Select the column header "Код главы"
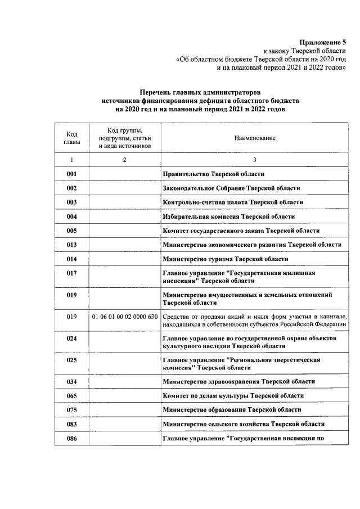click(x=71, y=138)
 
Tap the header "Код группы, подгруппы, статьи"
click(x=124, y=138)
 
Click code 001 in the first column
click(x=71, y=174)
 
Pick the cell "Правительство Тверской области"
click(x=213, y=174)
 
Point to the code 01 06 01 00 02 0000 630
click(x=124, y=317)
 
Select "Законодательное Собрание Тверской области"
click(x=231, y=188)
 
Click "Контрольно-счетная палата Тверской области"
click(x=232, y=202)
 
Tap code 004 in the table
click(x=71, y=216)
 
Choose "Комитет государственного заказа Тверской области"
click(x=241, y=231)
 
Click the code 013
click(x=71, y=245)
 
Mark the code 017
click(x=71, y=273)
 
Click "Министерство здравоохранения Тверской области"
click(x=238, y=381)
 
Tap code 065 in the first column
click(x=71, y=395)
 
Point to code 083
click(x=71, y=424)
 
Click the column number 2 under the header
click(x=124, y=160)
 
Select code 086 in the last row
click(x=71, y=438)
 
